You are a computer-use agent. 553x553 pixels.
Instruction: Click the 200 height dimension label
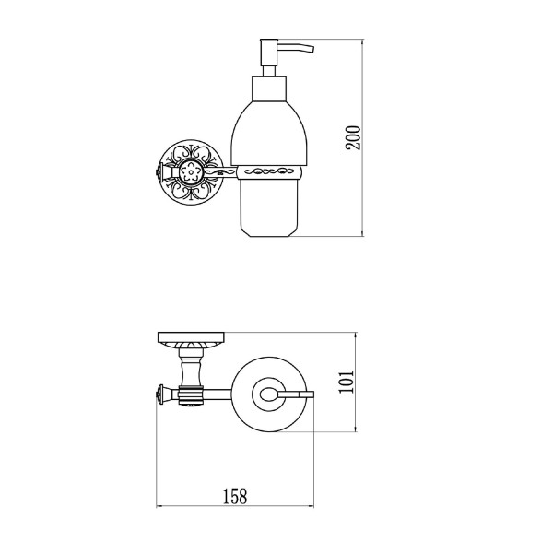pyautogui.click(x=353, y=138)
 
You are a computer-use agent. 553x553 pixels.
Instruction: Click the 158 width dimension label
pyautogui.click(x=235, y=497)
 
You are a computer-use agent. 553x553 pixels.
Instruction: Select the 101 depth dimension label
pyautogui.click(x=346, y=382)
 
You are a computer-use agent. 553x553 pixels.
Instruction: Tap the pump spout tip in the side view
pyautogui.click(x=312, y=50)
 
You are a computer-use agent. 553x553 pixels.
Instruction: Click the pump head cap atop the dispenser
pyautogui.click(x=269, y=53)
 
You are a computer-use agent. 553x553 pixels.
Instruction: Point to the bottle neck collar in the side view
pyautogui.click(x=269, y=88)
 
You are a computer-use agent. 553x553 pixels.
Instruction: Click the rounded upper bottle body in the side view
pyautogui.click(x=269, y=134)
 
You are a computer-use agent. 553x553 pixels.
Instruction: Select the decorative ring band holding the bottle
pyautogui.click(x=269, y=171)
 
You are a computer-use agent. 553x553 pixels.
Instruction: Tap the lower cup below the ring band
pyautogui.click(x=269, y=207)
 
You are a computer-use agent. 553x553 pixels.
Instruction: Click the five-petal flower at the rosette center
pyautogui.click(x=191, y=172)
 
